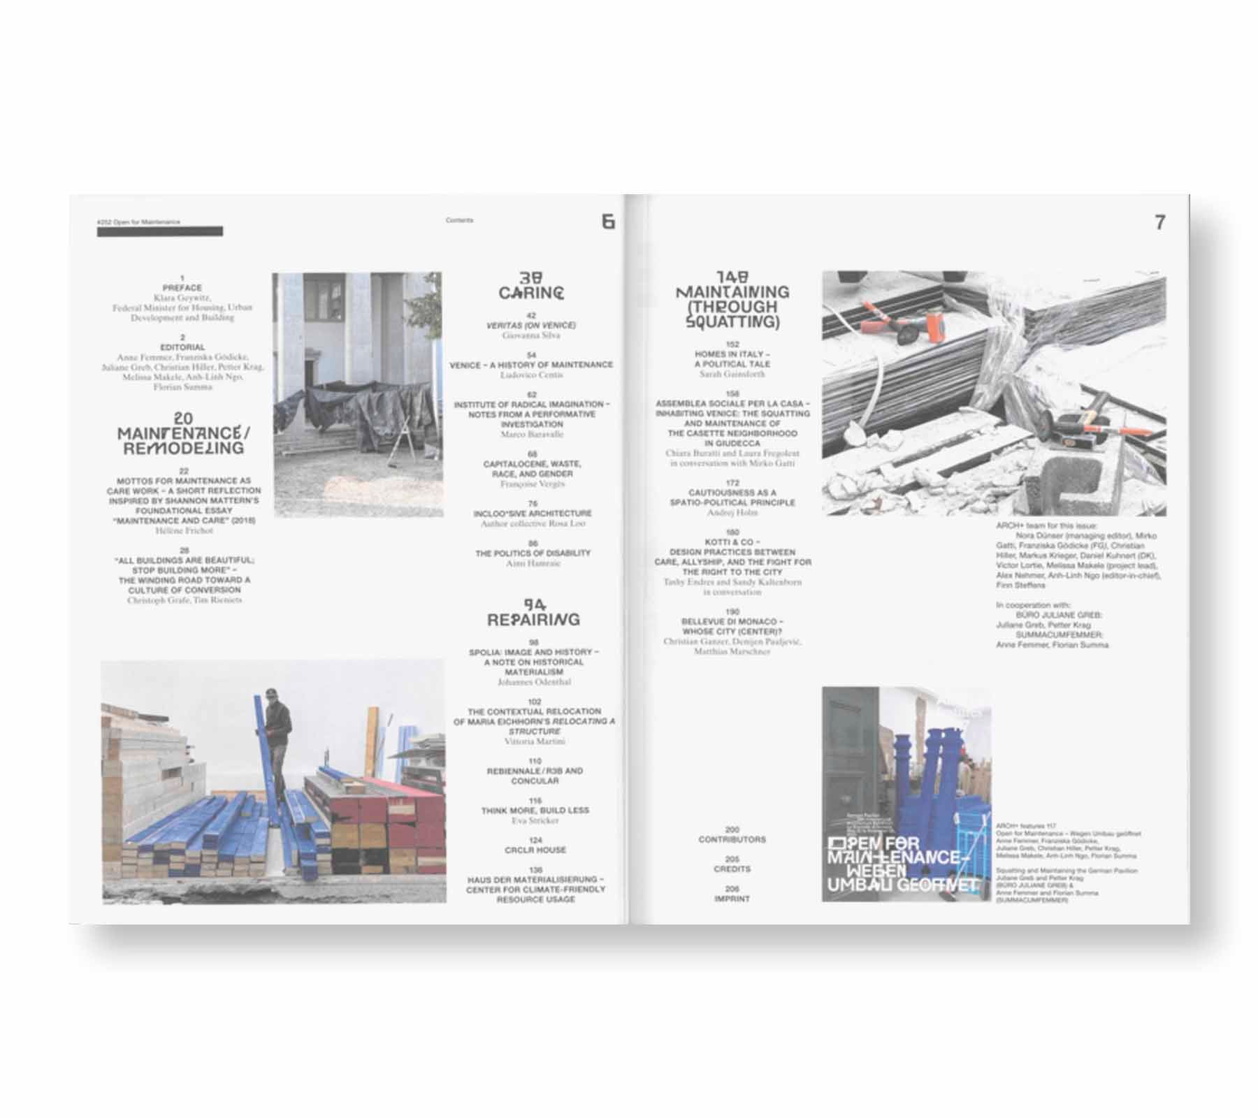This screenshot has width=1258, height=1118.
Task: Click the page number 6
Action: pos(608,222)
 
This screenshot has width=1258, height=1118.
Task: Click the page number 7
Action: pos(1161,222)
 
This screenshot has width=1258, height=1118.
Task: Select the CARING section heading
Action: pos(531,293)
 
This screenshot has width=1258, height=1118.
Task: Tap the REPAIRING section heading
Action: pos(533,619)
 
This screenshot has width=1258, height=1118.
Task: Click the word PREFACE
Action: pos(182,288)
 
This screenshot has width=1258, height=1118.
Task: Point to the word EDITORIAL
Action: pos(182,347)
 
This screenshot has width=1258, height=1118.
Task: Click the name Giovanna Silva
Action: pos(531,335)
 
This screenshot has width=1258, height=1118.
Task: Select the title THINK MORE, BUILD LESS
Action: pos(535,811)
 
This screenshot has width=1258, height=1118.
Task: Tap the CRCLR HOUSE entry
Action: pos(535,850)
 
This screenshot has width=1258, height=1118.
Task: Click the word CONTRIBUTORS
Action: pos(732,839)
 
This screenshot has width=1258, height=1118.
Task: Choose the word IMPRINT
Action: pos(732,899)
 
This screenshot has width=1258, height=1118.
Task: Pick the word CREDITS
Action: pos(732,869)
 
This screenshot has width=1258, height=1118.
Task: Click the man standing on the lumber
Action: pos(278,727)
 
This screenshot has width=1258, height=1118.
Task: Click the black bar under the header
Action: pos(160,232)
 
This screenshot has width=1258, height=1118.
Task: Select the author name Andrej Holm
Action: pos(732,512)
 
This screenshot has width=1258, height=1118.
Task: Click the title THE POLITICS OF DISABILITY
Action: pos(533,553)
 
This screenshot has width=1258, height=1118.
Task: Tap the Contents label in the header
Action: pos(459,220)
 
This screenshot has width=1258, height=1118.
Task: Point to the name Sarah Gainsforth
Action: pos(732,374)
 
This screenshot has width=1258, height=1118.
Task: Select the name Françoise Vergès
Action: pos(533,484)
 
